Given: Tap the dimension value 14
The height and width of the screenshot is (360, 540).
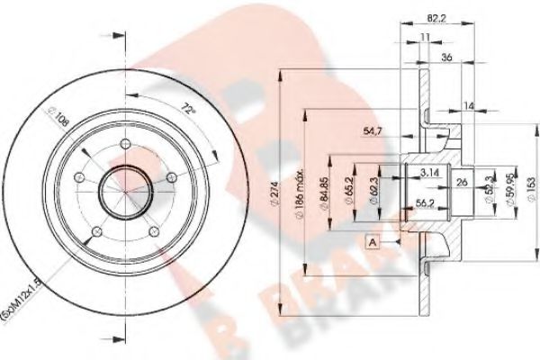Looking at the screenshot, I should [467, 105].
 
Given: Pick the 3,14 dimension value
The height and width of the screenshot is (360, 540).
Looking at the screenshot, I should [430, 171].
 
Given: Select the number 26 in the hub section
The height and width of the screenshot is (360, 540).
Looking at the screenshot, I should [461, 184].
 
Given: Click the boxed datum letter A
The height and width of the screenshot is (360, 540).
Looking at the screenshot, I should [371, 242].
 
